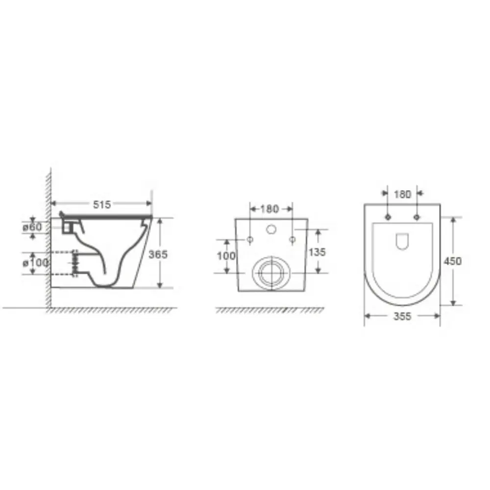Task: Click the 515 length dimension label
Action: pyautogui.click(x=102, y=204)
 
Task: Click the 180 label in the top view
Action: pyautogui.click(x=402, y=195)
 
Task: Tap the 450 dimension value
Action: pyautogui.click(x=452, y=261)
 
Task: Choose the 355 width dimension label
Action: pyautogui.click(x=402, y=317)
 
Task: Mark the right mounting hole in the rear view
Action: pyautogui.click(x=292, y=240)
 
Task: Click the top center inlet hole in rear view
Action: pyautogui.click(x=270, y=228)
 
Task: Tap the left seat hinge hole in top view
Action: pyautogui.click(x=388, y=217)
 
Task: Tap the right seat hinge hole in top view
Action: pyautogui.click(x=417, y=217)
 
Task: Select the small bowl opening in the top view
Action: pyautogui.click(x=402, y=241)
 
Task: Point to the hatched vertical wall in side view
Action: pyautogui.click(x=49, y=235)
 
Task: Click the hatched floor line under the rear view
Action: pyautogui.click(x=269, y=310)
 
